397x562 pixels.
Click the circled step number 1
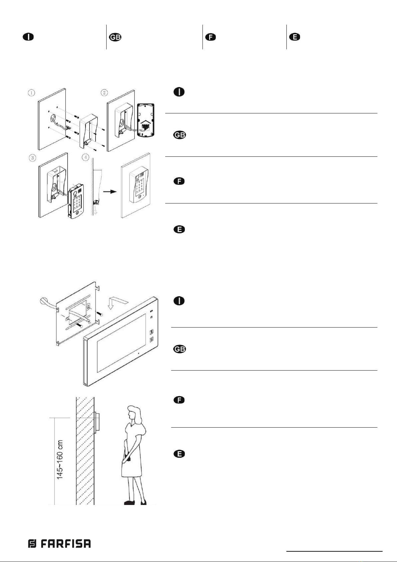[31, 93]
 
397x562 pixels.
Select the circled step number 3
[32, 157]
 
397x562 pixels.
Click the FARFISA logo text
[60, 544]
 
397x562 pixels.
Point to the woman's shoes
[135, 502]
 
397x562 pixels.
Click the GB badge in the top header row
[115, 37]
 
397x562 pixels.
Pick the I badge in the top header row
[28, 37]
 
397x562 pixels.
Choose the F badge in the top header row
[210, 37]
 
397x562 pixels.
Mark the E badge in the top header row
[294, 37]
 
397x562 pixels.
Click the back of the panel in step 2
[145, 120]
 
